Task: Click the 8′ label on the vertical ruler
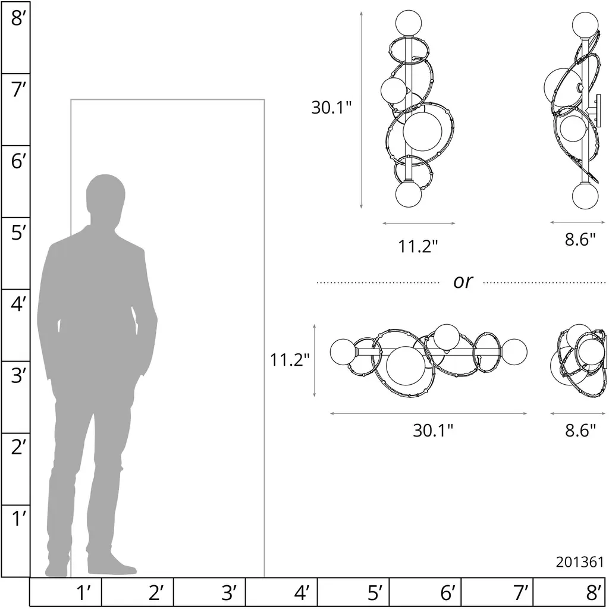tap(17, 18)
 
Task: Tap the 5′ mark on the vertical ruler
tap(18, 233)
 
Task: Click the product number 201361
tap(579, 562)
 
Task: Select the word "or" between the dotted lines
tap(463, 281)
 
